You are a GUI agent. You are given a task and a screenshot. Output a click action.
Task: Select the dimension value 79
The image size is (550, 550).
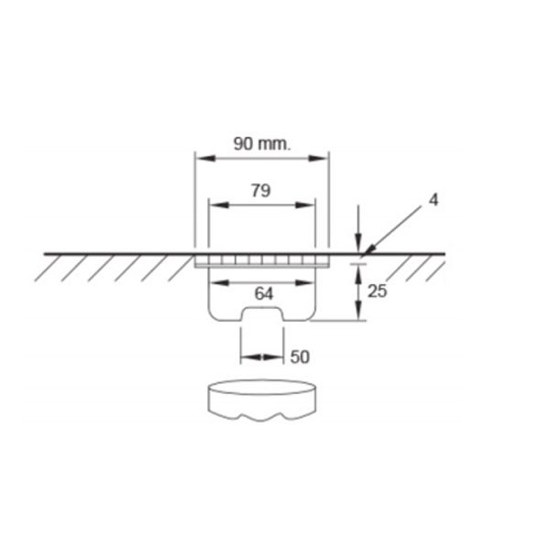point(261,191)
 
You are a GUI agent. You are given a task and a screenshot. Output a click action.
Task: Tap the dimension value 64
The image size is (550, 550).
point(262,294)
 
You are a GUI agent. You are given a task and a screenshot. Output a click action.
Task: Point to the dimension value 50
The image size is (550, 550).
point(300,356)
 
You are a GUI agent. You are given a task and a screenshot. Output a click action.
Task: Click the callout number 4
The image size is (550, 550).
point(433,199)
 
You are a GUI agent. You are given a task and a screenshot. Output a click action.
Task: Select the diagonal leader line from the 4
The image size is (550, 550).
point(394,227)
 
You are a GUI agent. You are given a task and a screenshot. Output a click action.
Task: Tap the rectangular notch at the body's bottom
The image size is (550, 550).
point(261,315)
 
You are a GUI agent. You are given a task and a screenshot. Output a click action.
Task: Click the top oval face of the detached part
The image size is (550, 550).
point(261,388)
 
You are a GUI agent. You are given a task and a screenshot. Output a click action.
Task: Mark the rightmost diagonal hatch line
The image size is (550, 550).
point(435,269)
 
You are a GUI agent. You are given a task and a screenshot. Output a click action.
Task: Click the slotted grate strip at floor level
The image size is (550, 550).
point(261,260)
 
